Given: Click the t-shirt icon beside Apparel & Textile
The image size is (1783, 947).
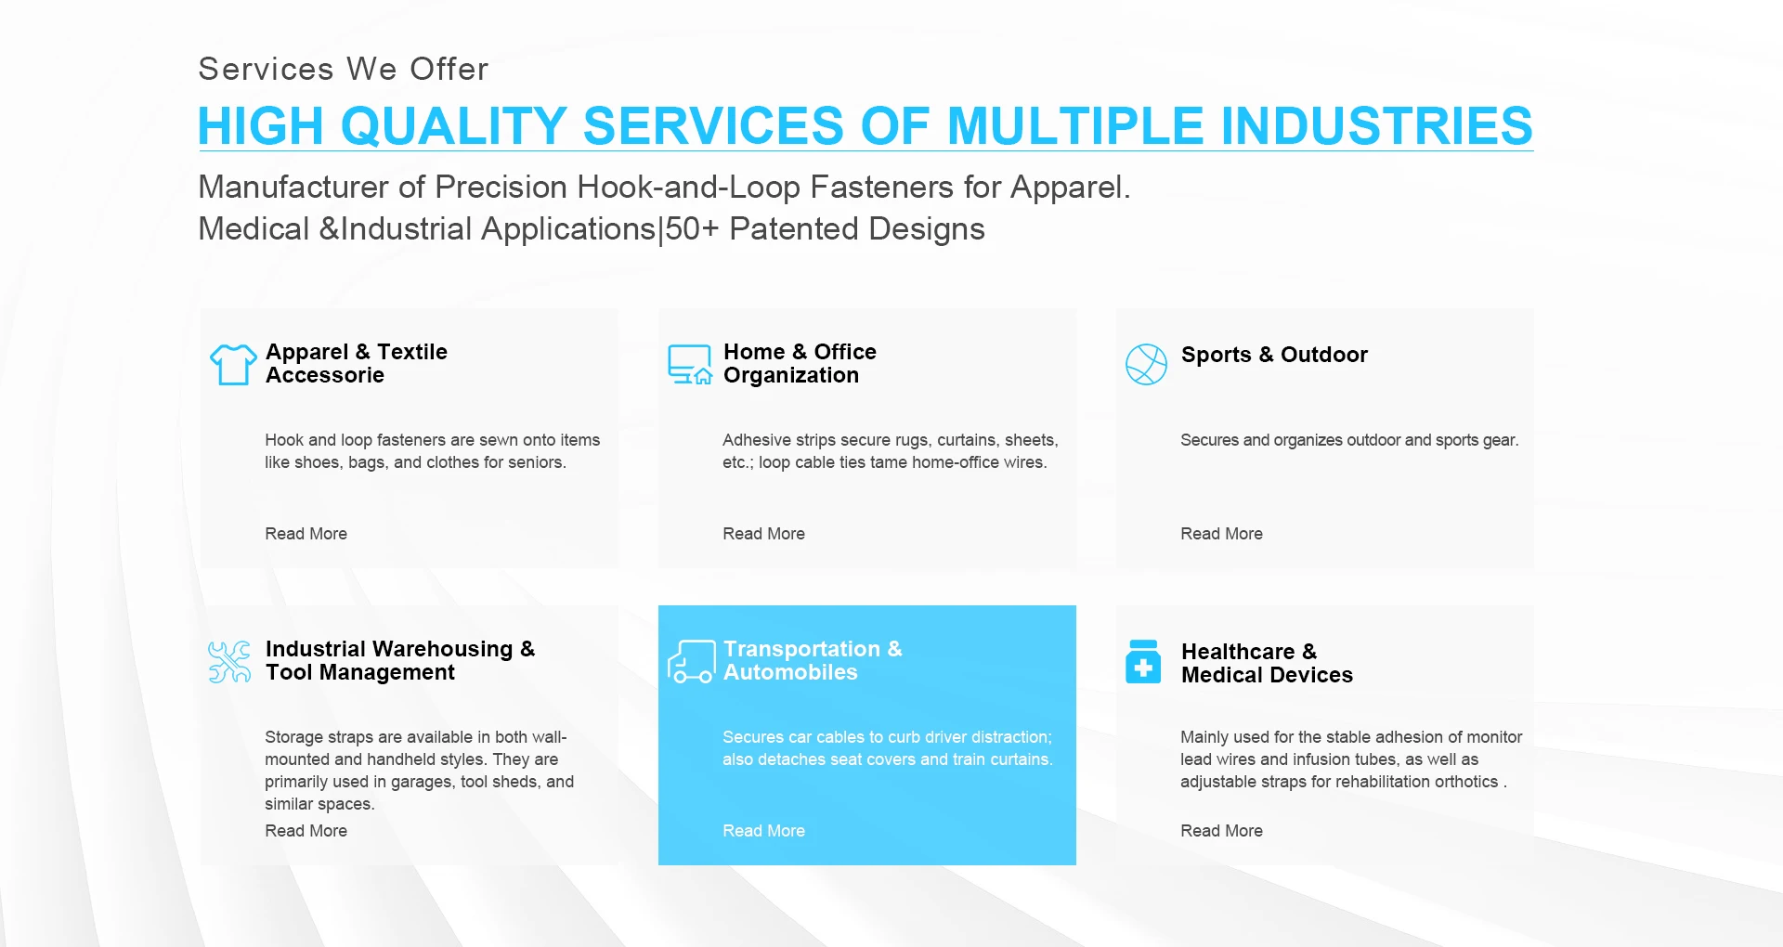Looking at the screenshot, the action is (233, 364).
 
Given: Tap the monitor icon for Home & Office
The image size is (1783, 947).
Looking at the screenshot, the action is (690, 364).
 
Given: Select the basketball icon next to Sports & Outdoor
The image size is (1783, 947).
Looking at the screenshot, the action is (1146, 364).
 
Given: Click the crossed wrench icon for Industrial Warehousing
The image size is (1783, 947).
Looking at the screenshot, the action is (229, 662).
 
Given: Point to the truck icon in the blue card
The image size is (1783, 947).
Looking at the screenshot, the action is (691, 661).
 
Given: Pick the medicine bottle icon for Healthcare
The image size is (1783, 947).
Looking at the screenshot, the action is (1143, 661).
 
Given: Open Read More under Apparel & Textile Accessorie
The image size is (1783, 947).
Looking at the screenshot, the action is (306, 534).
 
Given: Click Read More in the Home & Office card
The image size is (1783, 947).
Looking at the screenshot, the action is (763, 534).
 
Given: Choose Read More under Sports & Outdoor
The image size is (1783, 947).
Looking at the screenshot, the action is (1221, 534).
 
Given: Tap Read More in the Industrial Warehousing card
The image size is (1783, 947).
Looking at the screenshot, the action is (306, 831).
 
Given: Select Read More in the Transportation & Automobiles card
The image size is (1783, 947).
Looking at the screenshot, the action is (763, 831).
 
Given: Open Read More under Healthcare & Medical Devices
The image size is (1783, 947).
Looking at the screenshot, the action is (1221, 831).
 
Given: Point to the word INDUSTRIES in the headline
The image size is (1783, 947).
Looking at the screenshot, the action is (1376, 126).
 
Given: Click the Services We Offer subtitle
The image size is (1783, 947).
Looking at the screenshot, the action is (344, 69).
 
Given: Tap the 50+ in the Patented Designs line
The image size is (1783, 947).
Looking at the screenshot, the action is (692, 228).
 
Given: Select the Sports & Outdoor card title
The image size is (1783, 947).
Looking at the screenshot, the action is (1274, 355).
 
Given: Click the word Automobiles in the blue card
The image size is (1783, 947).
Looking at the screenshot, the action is (790, 672).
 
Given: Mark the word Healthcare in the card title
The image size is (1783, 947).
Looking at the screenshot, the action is (1238, 652).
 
